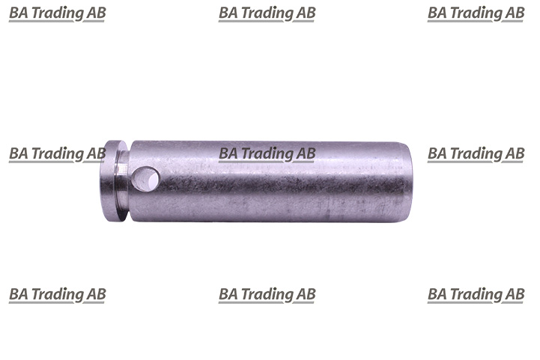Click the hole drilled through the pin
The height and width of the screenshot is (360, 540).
[145, 179]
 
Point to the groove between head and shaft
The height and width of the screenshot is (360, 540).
[123, 180]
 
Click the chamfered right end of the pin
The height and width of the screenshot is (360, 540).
[407, 181]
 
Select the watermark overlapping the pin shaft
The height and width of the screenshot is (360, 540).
[267, 154]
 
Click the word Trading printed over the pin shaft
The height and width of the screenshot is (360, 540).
[266, 154]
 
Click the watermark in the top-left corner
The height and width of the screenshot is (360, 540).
[57, 13]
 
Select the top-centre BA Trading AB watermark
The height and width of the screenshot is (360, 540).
[267, 13]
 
